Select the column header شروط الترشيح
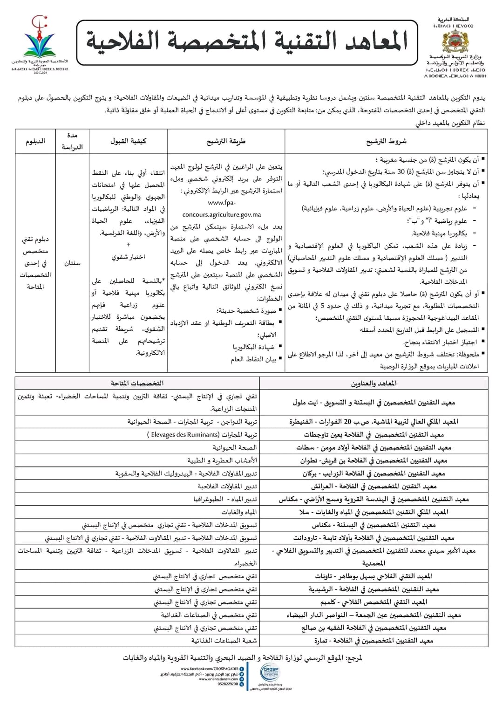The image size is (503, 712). [x=386, y=141]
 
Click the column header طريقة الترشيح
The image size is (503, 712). [x=226, y=141]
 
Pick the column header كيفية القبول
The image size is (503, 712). [x=128, y=141]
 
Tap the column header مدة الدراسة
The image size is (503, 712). [x=72, y=141]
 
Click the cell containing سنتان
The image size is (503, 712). [x=72, y=263]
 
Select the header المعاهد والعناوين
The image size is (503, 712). [x=374, y=383]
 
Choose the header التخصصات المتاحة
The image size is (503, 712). [x=137, y=383]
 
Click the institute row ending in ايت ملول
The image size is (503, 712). [x=374, y=402]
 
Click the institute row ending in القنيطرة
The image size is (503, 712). [x=374, y=422]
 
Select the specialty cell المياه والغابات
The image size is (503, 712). [x=239, y=512]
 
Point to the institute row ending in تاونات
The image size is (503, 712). [x=374, y=576]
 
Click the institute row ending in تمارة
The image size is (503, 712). [x=374, y=641]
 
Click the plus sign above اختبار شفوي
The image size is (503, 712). [x=128, y=245]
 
